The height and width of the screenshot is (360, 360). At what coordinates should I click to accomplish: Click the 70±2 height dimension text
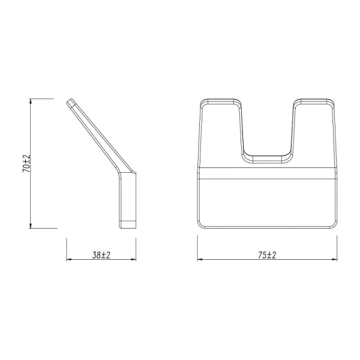(26, 163)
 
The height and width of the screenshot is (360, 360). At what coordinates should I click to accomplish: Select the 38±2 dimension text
(101, 255)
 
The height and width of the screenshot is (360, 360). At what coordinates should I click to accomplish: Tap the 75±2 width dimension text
(266, 255)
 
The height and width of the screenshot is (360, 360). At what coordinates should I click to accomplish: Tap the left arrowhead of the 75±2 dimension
(201, 260)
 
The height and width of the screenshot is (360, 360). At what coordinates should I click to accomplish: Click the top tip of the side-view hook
(71, 102)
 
